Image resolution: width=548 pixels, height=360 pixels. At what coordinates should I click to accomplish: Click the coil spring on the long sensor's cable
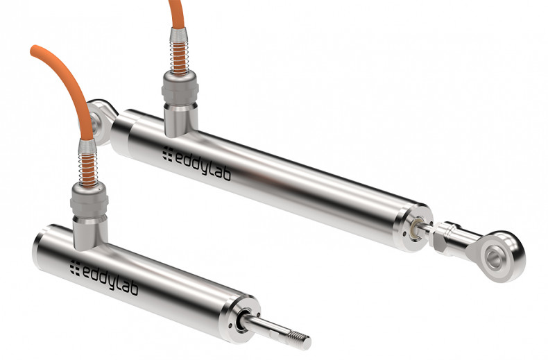[x=179, y=53]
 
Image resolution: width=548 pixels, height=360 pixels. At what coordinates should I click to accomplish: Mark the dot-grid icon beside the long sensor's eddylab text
[x=167, y=153]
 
